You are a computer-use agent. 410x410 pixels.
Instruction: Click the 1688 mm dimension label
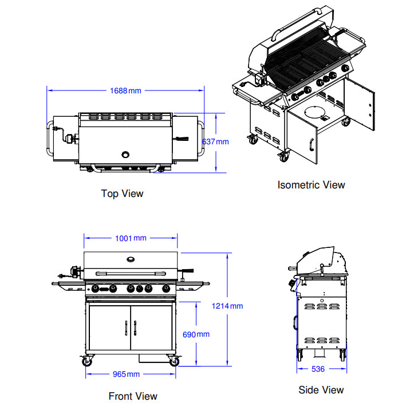point(125,90)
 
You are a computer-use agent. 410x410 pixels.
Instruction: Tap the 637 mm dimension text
point(215,141)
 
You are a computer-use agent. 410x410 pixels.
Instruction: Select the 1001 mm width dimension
point(131,238)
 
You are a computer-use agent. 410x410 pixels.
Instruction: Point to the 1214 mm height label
point(227,306)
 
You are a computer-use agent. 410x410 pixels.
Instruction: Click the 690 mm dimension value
point(196,334)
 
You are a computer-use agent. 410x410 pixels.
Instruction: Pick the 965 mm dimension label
point(125,374)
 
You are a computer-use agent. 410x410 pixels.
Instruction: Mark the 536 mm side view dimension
point(319,369)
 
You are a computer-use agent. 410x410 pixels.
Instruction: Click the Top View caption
point(122,194)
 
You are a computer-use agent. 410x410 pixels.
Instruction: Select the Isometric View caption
point(311,185)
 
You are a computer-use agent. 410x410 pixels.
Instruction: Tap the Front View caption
point(133,396)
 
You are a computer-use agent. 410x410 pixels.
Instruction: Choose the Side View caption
point(321,390)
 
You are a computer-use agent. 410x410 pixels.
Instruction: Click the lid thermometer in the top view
point(126,153)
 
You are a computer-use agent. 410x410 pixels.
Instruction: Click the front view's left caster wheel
point(87,362)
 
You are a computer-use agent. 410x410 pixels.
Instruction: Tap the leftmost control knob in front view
point(96,288)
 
